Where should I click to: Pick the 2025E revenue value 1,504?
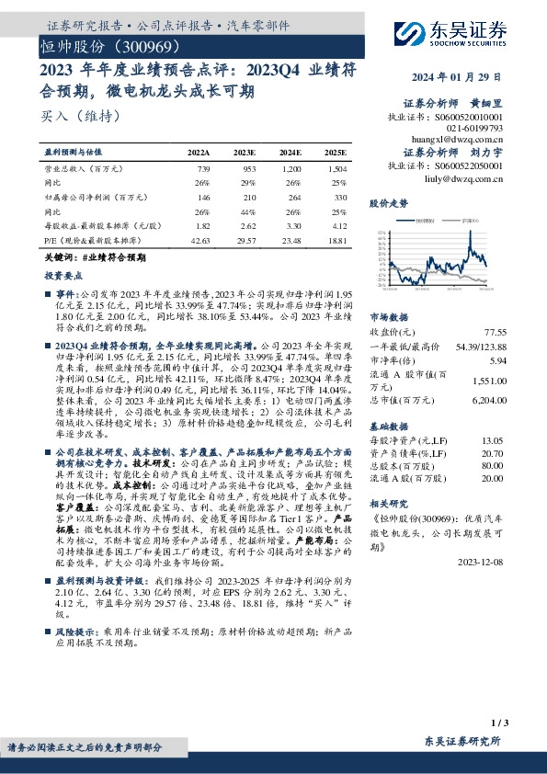point(337,171)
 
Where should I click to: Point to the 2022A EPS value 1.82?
point(204,224)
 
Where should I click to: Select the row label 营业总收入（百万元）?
point(84,171)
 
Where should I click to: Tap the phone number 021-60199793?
point(474,129)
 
